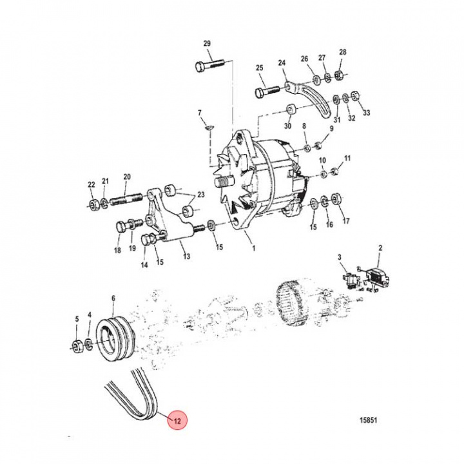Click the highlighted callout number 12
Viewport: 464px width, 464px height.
(x=176, y=420)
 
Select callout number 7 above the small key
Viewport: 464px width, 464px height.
(x=200, y=113)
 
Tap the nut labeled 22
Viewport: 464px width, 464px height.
(x=93, y=206)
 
